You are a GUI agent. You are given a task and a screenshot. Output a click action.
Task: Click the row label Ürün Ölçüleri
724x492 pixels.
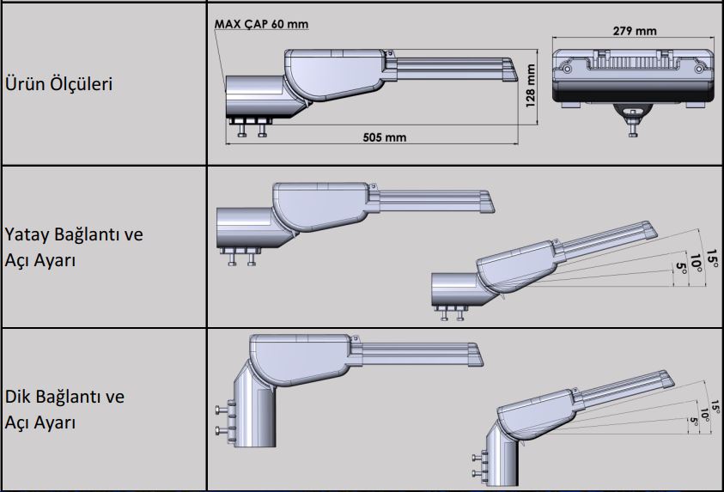pyautogui.click(x=60, y=85)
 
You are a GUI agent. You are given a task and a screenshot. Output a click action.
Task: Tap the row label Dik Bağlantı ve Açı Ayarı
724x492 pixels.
pyautogui.click(x=64, y=410)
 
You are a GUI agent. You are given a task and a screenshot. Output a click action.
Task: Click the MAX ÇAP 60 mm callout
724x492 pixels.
pyautogui.click(x=260, y=24)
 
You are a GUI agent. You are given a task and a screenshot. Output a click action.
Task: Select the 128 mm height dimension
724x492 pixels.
pyautogui.click(x=531, y=87)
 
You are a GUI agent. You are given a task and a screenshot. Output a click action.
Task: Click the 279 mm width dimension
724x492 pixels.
pyautogui.click(x=635, y=31)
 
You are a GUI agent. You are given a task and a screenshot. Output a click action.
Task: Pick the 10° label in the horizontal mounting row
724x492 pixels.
pyautogui.click(x=697, y=258)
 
